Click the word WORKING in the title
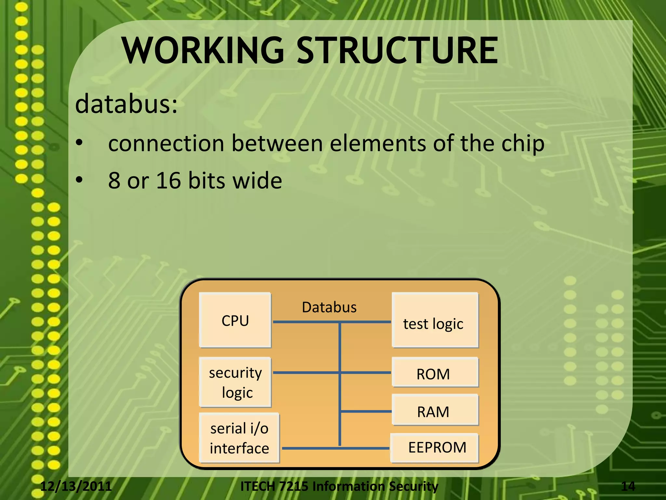(203, 50)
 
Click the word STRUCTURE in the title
(397, 50)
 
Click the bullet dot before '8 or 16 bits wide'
(79, 180)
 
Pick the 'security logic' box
(235, 382)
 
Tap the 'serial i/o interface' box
(239, 438)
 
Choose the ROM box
(435, 372)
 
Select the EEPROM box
(435, 448)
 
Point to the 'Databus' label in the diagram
(329, 307)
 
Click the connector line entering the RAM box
(366, 411)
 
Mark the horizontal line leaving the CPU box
(306, 322)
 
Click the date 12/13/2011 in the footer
(76, 486)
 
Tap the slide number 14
(628, 486)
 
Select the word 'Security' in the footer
(413, 486)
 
